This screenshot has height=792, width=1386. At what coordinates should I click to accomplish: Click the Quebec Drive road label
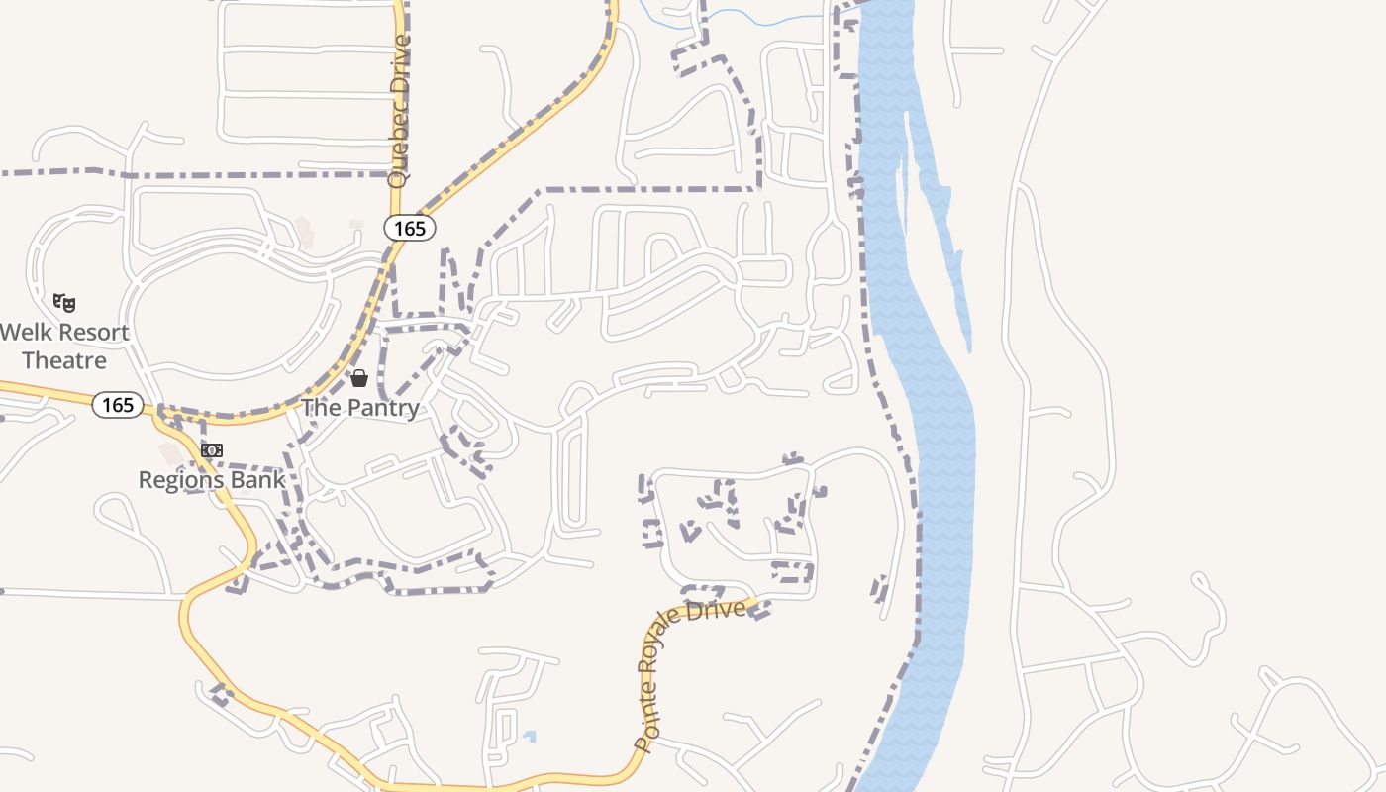(x=400, y=111)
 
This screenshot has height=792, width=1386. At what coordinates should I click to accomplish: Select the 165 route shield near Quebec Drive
(x=409, y=229)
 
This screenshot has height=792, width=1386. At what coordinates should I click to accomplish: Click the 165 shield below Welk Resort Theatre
(x=118, y=405)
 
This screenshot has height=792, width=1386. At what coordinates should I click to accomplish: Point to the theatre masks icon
(x=64, y=302)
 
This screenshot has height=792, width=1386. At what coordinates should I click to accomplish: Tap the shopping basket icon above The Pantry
(x=359, y=378)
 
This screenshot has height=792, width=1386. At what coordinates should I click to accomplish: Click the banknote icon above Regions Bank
(x=212, y=450)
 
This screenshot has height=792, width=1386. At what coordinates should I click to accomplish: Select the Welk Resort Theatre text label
(x=64, y=346)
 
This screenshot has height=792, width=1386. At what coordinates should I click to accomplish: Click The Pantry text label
(x=360, y=408)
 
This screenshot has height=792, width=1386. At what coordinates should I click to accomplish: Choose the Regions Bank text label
(x=212, y=480)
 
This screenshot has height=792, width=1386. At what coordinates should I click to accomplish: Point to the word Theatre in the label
(x=64, y=360)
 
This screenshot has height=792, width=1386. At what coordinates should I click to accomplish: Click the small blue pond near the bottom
(x=530, y=736)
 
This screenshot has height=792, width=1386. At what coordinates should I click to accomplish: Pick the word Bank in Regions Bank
(x=260, y=480)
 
